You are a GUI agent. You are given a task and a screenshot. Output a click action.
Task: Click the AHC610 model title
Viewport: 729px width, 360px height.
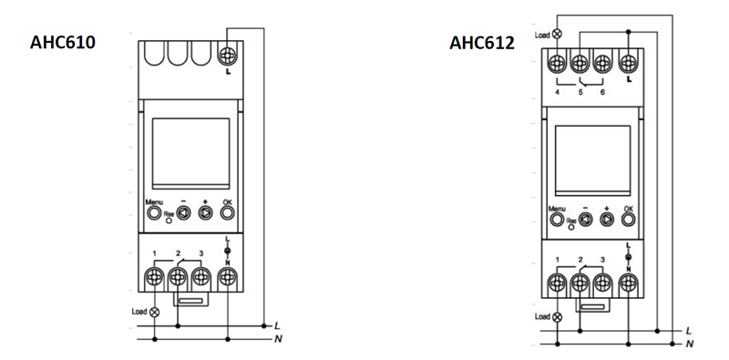coord(63,42)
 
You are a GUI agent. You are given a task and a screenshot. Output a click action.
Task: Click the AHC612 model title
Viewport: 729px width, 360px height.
coord(482,43)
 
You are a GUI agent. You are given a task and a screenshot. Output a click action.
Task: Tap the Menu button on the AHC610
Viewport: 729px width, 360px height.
coord(153,213)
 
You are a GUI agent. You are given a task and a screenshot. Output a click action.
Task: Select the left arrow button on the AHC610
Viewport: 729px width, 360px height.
coord(184,213)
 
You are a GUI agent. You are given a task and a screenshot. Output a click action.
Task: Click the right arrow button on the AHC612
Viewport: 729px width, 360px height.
coord(607,219)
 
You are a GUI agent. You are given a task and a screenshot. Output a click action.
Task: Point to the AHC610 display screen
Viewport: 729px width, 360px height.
coord(191,153)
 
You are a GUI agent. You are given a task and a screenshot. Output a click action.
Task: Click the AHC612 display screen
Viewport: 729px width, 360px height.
coord(593,160)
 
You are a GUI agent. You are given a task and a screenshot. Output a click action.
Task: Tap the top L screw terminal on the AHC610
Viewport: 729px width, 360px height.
coord(228,56)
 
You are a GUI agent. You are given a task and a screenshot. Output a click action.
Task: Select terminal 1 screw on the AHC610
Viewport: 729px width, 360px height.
coord(154,278)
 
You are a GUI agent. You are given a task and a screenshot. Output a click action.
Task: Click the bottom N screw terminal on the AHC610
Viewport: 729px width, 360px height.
coord(228,278)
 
